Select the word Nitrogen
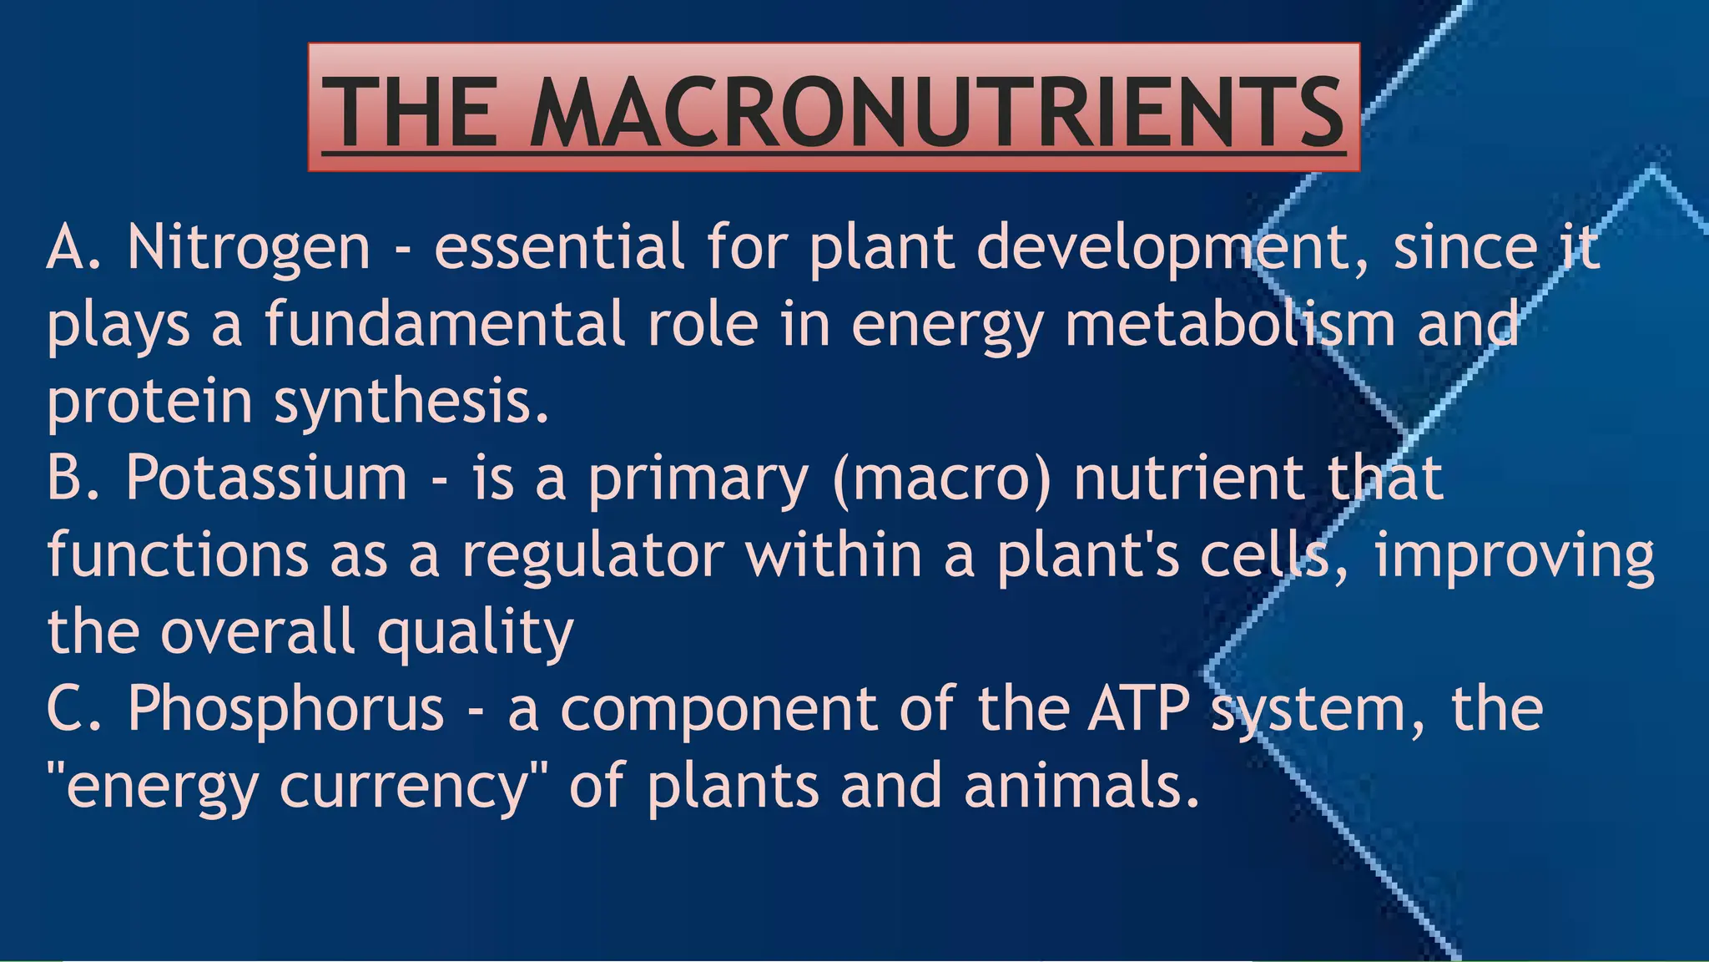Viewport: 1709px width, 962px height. (x=249, y=249)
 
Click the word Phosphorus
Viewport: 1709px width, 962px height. (x=285, y=709)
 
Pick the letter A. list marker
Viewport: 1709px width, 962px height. (x=73, y=249)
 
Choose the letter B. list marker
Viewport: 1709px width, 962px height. (x=73, y=478)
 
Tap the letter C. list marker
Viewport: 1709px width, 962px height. (x=73, y=709)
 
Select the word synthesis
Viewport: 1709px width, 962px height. (x=411, y=403)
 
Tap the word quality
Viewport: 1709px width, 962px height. (x=476, y=633)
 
